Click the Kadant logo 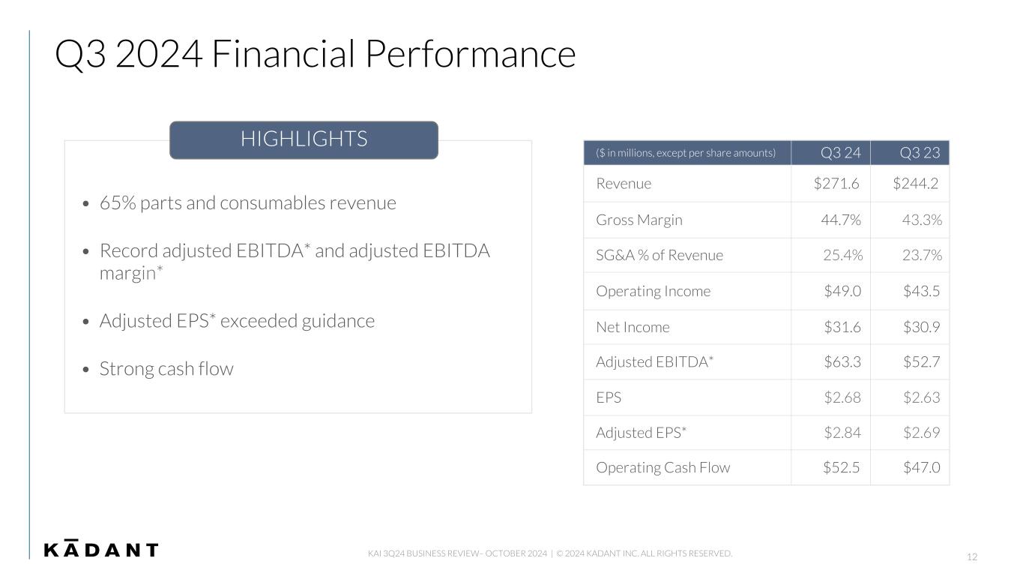(101, 548)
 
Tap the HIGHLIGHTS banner (304, 140)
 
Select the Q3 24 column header (840, 152)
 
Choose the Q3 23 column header (920, 152)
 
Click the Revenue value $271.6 (836, 183)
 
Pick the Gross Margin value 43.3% (922, 220)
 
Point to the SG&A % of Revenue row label (660, 255)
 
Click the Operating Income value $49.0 (842, 291)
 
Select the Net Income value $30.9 (921, 327)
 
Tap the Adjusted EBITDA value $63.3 (842, 362)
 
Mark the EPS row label (609, 397)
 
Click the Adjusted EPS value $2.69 (921, 433)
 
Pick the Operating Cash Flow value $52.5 (841, 467)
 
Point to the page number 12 (972, 556)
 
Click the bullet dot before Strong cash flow (86, 369)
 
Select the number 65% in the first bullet (118, 203)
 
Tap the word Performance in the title (471, 54)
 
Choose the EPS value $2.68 (842, 397)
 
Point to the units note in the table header (686, 153)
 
